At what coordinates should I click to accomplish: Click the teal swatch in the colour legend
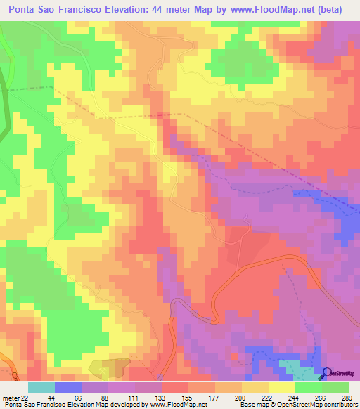pos(41,387)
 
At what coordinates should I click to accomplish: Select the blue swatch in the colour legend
pos(67,387)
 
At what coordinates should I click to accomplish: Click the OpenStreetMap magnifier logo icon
pos(327,374)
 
